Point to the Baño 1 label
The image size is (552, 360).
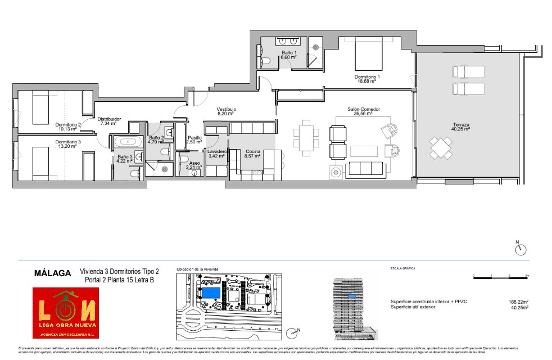[x=289, y=55]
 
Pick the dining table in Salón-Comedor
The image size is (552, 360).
[x=306, y=137]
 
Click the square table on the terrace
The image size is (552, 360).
[x=440, y=148]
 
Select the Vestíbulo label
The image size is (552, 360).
[x=227, y=110]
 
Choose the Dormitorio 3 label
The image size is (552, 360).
[x=67, y=143]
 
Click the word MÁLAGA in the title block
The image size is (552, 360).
[x=53, y=273]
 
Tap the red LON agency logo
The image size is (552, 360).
[x=65, y=313]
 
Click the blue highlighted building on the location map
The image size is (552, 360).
[x=211, y=293]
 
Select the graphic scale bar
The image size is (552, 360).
[x=501, y=276]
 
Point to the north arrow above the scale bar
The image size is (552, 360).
[x=521, y=248]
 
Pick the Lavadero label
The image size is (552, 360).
[x=216, y=153]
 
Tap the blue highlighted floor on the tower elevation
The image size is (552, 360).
[x=352, y=296]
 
